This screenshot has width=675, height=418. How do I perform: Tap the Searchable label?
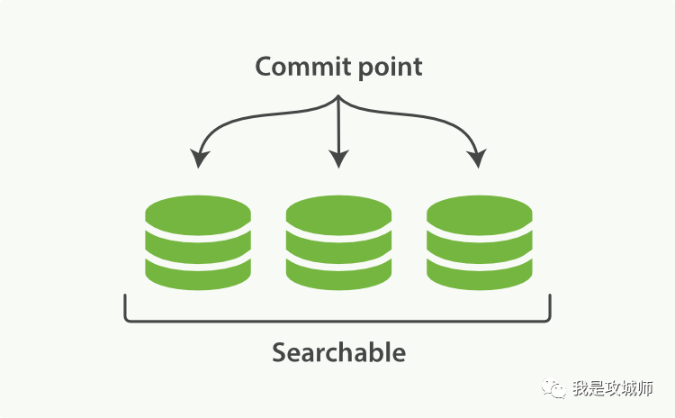pyautogui.click(x=338, y=352)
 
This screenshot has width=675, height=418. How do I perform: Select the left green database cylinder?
pyautogui.click(x=198, y=241)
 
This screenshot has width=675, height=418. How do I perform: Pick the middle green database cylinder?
pyautogui.click(x=338, y=241)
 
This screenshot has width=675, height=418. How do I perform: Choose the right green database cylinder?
pyautogui.click(x=479, y=241)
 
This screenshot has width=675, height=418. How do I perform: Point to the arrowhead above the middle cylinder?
pyautogui.click(x=338, y=159)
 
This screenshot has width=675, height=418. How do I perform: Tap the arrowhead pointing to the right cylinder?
pyautogui.click(x=477, y=159)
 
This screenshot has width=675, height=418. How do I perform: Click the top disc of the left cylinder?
pyautogui.click(x=198, y=215)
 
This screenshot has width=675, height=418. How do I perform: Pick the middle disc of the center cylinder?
pyautogui.click(x=338, y=244)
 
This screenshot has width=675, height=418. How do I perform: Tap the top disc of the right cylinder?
pyautogui.click(x=479, y=215)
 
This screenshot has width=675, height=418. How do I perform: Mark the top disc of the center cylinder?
pyautogui.click(x=338, y=215)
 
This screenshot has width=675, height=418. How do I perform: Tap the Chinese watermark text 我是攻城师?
pyautogui.click(x=613, y=388)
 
